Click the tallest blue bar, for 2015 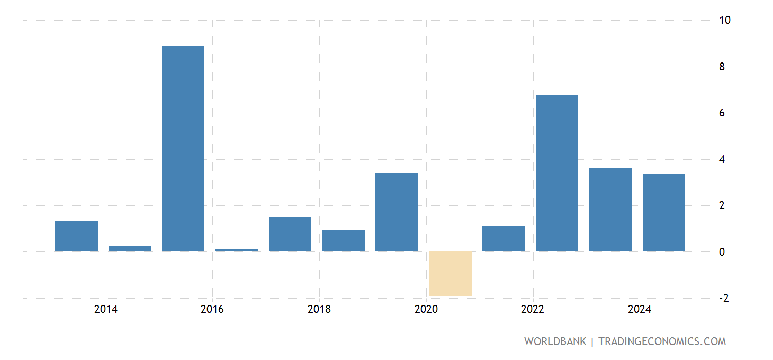click(183, 148)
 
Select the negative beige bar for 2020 click(450, 274)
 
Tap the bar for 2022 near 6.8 click(557, 173)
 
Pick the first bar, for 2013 click(76, 236)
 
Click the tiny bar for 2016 click(237, 250)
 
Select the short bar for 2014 click(130, 248)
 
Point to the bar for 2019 click(397, 212)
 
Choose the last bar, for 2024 click(664, 213)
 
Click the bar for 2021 click(504, 239)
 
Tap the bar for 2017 click(290, 234)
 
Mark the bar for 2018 click(343, 241)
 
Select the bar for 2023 click(610, 210)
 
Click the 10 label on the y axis click(725, 21)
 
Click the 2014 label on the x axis click(106, 310)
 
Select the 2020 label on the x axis click(426, 310)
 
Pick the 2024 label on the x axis click(640, 310)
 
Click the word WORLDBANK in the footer click(555, 341)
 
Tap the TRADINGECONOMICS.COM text click(662, 341)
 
